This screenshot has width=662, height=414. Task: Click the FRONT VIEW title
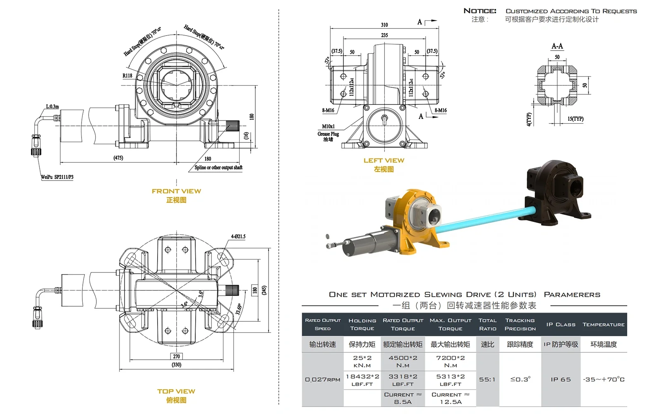pos(176,191)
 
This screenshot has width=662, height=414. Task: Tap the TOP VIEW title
pos(176,391)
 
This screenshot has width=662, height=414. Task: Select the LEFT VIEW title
pos(384,161)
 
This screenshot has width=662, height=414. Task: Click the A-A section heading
pos(557,46)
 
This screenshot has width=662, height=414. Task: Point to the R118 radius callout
pos(127,76)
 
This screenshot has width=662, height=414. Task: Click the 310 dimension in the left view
pos(384,25)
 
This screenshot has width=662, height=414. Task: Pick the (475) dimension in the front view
pos(118,158)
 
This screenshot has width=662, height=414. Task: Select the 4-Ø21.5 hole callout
pos(238,237)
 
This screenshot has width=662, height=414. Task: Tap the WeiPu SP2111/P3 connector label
pos(57,177)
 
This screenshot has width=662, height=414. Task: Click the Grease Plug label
pos(328,134)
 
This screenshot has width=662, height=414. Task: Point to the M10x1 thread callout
pos(329,126)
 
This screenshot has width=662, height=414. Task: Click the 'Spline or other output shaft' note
pos(218,168)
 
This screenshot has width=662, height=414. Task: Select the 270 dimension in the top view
pos(176,356)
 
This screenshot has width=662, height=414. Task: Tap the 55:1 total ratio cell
pos(487,379)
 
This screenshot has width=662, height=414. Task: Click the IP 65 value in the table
pos(561,379)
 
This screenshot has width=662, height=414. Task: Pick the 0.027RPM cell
pos(323,379)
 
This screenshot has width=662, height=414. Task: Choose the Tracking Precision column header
pos(520,324)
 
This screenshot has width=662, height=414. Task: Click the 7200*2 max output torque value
pos(451,358)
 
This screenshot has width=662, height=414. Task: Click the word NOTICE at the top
pos(480,11)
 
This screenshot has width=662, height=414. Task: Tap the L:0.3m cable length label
pos(52,107)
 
